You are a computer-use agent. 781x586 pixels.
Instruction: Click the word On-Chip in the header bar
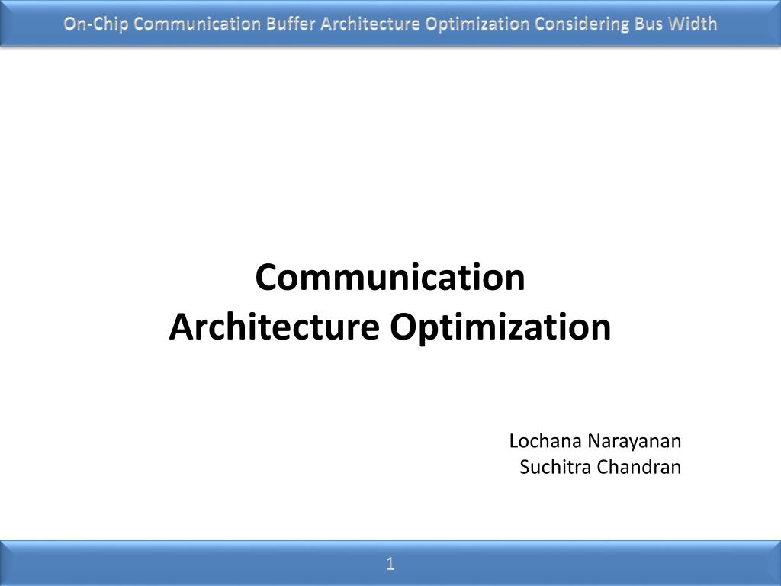[95, 24]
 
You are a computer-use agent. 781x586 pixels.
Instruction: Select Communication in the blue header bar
[198, 24]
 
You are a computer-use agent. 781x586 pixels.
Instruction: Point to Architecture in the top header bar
[370, 24]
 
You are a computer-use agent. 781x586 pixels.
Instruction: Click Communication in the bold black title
[390, 277]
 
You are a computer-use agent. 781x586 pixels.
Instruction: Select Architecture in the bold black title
[275, 327]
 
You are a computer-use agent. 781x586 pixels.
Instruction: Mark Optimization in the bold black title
[500, 328]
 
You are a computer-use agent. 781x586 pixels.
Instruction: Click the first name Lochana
[545, 441]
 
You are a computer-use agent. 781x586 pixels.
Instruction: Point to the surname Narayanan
[634, 442]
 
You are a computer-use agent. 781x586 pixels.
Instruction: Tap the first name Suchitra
[555, 467]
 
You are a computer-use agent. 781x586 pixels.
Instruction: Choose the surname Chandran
[639, 467]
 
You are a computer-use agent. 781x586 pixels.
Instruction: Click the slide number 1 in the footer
[390, 564]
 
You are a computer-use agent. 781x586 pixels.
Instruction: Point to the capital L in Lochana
[515, 441]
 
